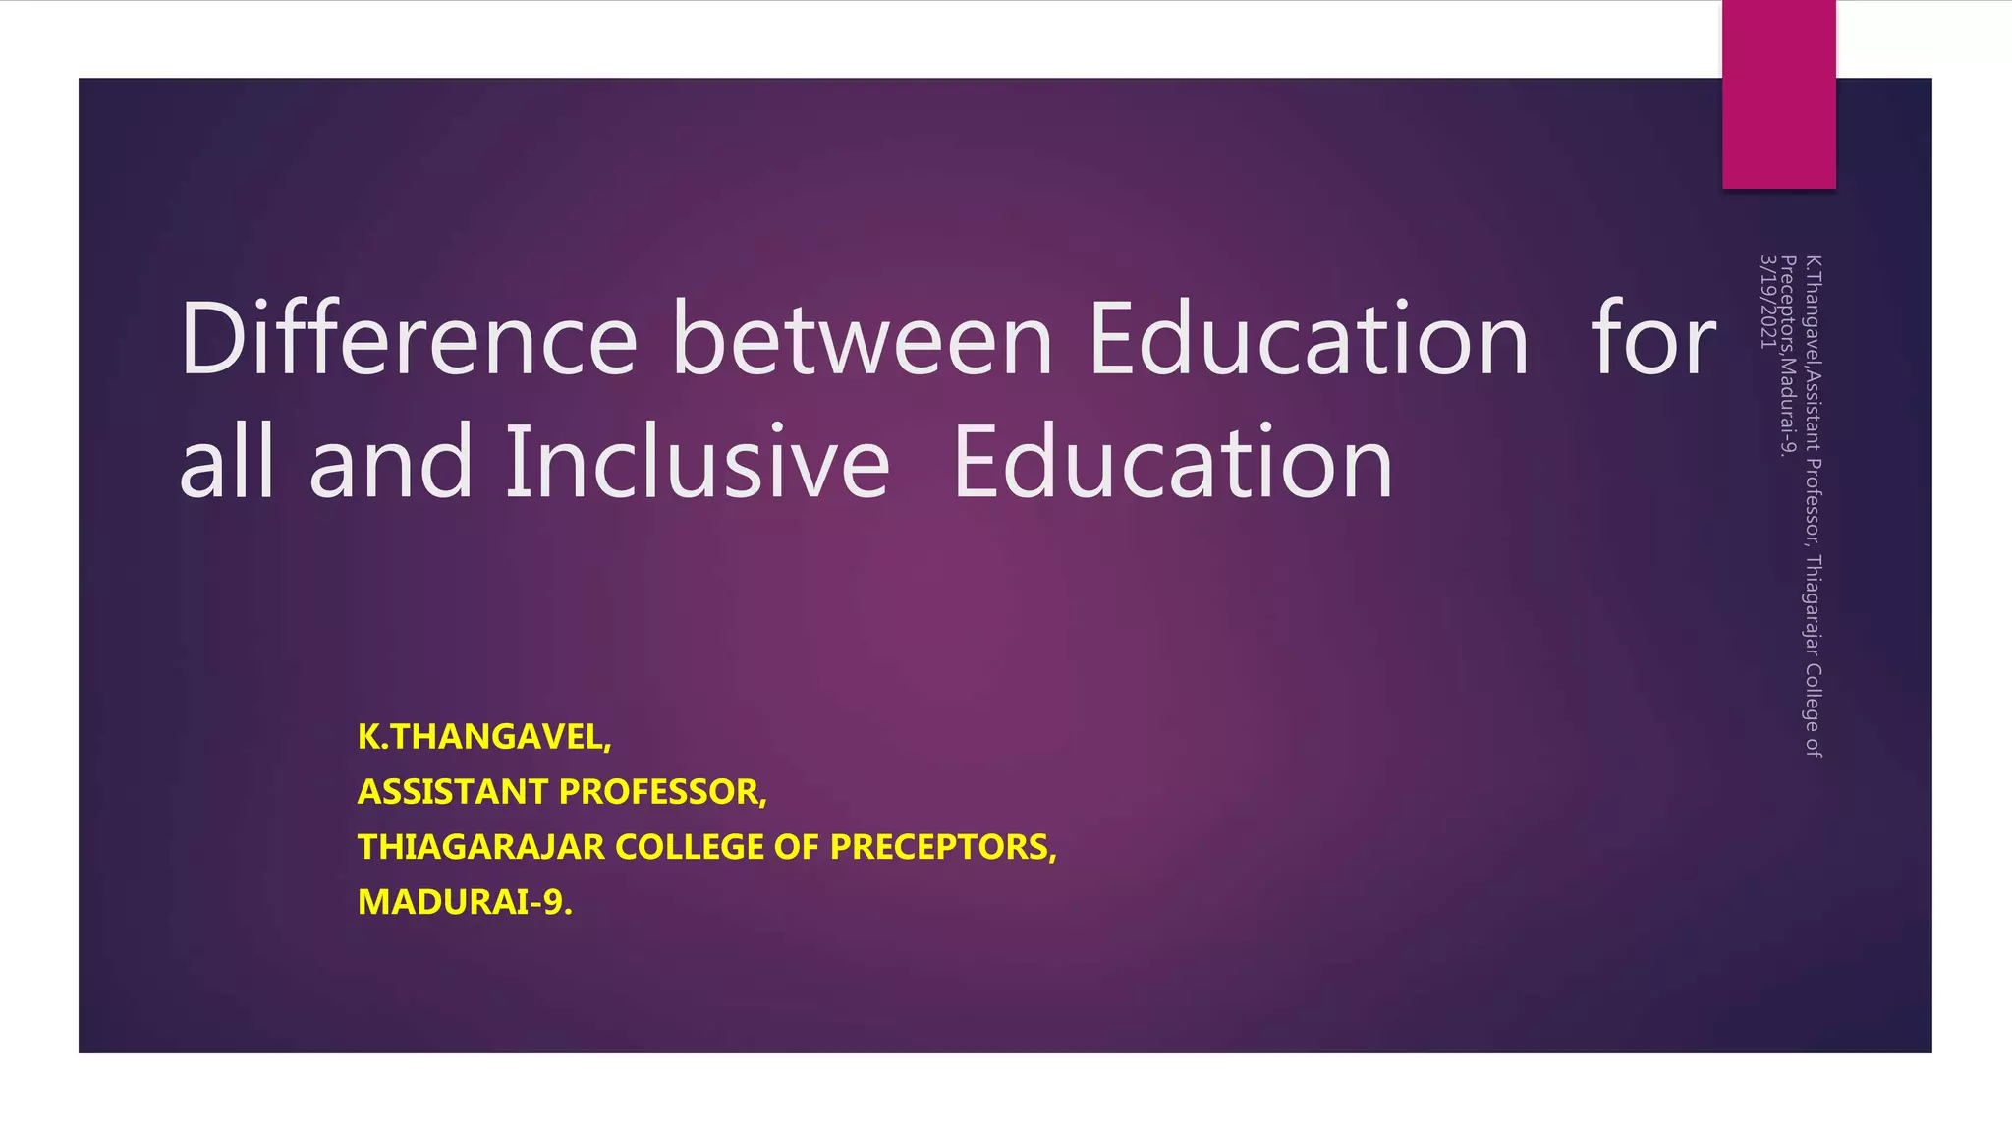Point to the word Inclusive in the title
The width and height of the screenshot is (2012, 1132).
click(x=697, y=462)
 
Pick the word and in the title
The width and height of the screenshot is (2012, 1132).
click(x=391, y=462)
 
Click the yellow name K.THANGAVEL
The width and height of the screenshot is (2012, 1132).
click(x=484, y=737)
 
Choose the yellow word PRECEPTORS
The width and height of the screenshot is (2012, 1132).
click(x=943, y=847)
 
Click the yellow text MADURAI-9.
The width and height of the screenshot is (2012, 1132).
click(x=465, y=902)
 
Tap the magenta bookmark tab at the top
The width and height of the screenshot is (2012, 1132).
click(x=1778, y=94)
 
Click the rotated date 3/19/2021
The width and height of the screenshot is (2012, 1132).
click(x=1767, y=302)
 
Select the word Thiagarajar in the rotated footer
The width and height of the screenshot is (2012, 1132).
click(x=1814, y=605)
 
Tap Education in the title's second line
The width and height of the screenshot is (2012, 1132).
click(x=1173, y=462)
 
